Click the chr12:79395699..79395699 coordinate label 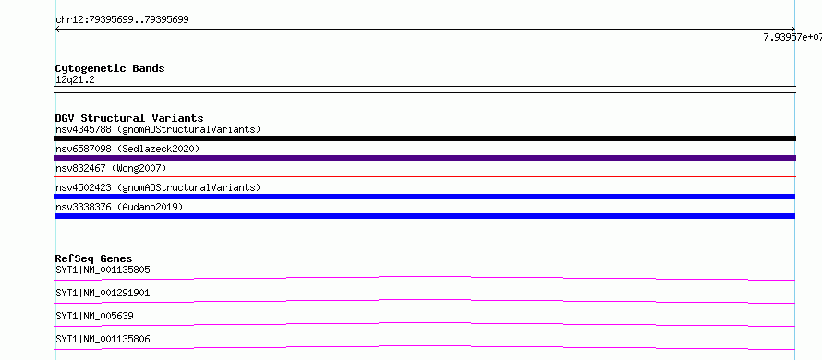pos(122,20)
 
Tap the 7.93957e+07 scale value pos(792,37)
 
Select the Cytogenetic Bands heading pos(110,68)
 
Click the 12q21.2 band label pos(75,80)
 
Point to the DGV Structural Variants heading pos(129,118)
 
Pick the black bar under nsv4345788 pos(425,138)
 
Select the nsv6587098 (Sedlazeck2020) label pos(127,149)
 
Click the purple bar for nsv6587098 pos(425,158)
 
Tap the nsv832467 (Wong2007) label pos(111,168)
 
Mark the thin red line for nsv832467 pos(425,177)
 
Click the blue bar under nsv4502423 pos(425,197)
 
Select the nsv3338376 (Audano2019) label pos(119,207)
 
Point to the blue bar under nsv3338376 pos(425,216)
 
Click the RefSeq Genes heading pos(94,258)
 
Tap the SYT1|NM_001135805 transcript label pos(103,270)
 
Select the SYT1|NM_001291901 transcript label pos(103,294)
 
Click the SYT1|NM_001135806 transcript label pos(103,340)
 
